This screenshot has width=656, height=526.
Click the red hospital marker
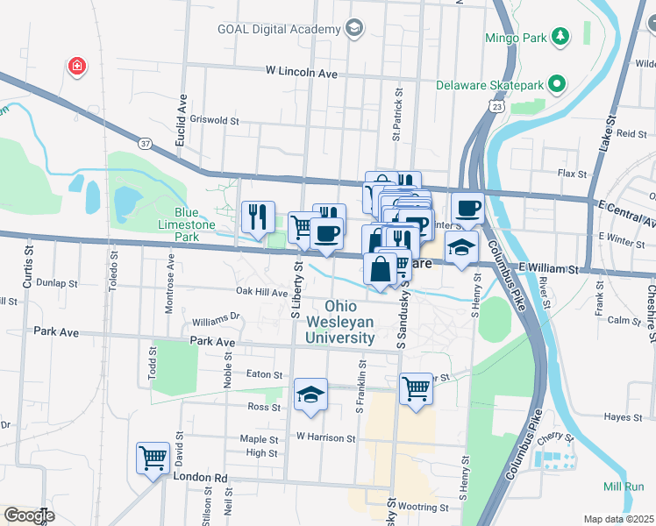77,67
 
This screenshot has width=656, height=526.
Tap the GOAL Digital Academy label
279,29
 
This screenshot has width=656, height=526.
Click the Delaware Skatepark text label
489,85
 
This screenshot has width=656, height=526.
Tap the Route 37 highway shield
145,143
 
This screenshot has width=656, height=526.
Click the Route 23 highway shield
497,106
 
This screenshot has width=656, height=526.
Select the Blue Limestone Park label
195,225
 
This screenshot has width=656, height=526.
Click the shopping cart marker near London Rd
153,458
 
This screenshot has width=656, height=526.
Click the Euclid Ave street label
183,113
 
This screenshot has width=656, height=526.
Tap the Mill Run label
624,487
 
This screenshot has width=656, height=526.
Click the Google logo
28,515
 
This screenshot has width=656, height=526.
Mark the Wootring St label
423,507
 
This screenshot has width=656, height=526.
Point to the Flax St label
573,174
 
